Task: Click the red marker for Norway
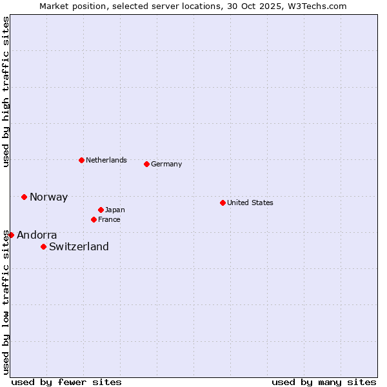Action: coord(25,197)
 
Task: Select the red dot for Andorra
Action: coord(11,235)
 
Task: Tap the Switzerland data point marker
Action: coord(44,246)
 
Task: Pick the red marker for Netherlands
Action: coord(81,160)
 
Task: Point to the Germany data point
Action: coord(146,164)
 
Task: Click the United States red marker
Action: coord(223,203)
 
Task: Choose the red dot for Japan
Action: coord(101,210)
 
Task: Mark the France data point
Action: coord(94,219)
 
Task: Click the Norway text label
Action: coord(48,197)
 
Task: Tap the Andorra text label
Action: coord(37,235)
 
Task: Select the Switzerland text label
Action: coord(79,246)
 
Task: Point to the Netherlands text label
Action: coord(106,160)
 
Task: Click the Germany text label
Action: coord(166,164)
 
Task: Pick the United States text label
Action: coord(250,203)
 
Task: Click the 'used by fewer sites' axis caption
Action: coord(66,382)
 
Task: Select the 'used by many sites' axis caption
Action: coord(324,382)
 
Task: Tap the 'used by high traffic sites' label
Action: coord(6,92)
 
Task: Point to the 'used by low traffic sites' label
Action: coord(6,302)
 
